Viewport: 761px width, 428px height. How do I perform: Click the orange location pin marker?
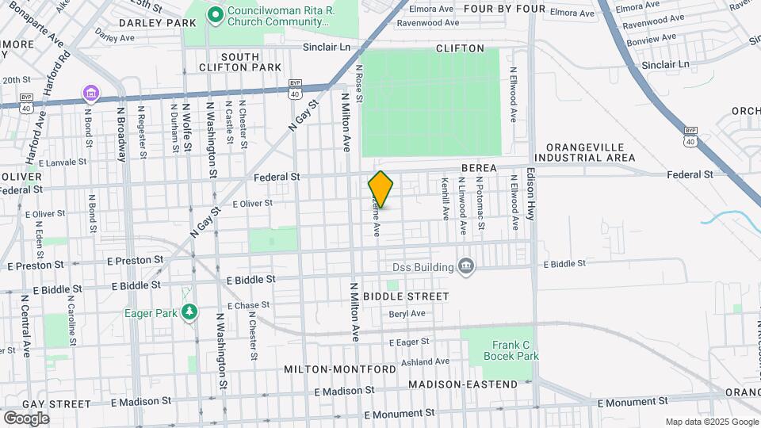click(381, 189)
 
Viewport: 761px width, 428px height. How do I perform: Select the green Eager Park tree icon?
click(189, 312)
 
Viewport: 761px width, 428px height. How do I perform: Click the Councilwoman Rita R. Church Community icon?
click(214, 15)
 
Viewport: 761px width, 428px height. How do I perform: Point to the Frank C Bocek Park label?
click(511, 350)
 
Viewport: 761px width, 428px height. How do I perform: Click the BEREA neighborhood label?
click(479, 168)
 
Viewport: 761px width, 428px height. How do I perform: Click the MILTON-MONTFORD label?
click(339, 370)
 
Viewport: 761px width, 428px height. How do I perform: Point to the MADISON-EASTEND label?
click(463, 384)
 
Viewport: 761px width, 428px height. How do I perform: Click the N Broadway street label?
click(121, 134)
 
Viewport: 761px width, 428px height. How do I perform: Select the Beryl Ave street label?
click(407, 314)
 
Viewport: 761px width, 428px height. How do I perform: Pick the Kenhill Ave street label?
click(446, 199)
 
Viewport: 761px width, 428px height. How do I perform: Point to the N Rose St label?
click(359, 84)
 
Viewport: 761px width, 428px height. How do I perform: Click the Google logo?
click(26, 418)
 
